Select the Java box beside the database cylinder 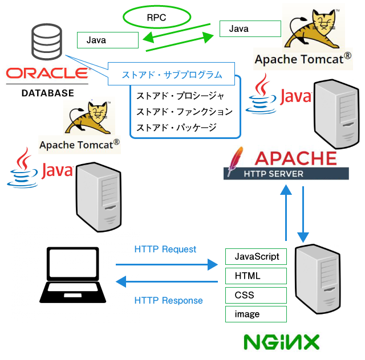pyautogui.click(x=108, y=40)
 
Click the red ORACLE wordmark pyautogui.click(x=47, y=73)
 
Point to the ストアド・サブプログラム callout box pyautogui.click(x=171, y=75)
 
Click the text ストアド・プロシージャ pyautogui.click(x=181, y=96)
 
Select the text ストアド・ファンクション pyautogui.click(x=185, y=112)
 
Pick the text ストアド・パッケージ pyautogui.click(x=177, y=128)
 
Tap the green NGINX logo pyautogui.click(x=281, y=342)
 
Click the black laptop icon pyautogui.click(x=73, y=275)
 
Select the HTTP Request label pyautogui.click(x=165, y=249)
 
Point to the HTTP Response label pyautogui.click(x=169, y=301)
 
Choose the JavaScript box pyautogui.click(x=255, y=257)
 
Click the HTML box pyautogui.click(x=255, y=276)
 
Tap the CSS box pyautogui.click(x=255, y=295)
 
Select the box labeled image pyautogui.click(x=255, y=314)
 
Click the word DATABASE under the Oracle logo pyautogui.click(x=47, y=93)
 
